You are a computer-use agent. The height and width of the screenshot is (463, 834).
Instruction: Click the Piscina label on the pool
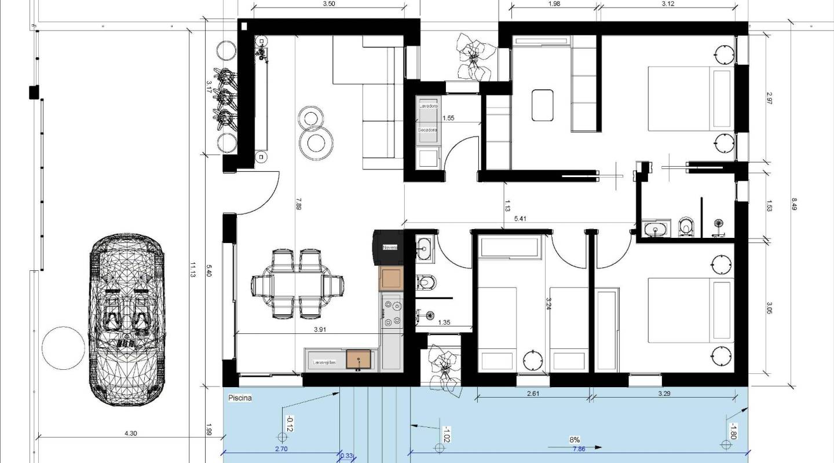[239, 398]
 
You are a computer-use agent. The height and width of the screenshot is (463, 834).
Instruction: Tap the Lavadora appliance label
[428, 106]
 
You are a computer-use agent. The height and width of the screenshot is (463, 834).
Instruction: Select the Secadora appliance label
[428, 130]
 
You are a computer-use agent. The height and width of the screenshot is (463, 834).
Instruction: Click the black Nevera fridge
[390, 248]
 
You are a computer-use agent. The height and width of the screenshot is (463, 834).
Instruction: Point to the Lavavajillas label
[324, 362]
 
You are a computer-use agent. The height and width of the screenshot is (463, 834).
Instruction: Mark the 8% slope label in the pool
[575, 440]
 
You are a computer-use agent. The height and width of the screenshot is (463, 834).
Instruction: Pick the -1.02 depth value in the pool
[447, 434]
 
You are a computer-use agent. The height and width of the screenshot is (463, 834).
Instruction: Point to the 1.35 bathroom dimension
[445, 322]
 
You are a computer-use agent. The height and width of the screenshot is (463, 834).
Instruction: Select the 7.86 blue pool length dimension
[578, 449]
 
